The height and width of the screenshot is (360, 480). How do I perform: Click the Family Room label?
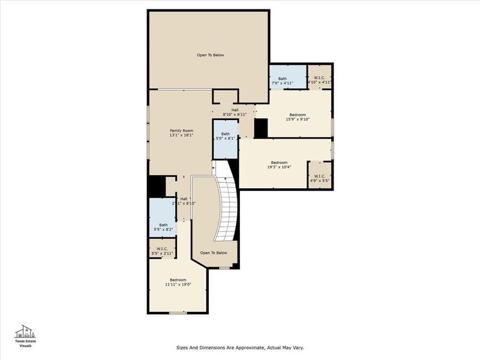coord(181,130)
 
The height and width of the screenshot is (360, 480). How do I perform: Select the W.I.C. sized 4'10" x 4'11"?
coord(319,79)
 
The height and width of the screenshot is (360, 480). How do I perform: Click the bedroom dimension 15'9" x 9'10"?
coord(298,119)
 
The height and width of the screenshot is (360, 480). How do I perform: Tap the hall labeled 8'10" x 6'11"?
coord(235,112)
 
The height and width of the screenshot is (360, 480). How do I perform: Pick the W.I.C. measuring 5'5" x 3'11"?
coord(163,250)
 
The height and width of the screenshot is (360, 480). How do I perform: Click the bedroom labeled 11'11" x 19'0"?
coord(178,282)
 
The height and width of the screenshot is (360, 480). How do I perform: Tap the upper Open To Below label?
coord(210,55)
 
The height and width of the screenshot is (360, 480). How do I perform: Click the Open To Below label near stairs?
coord(214,253)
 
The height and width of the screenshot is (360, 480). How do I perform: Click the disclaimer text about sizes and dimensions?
coord(239,347)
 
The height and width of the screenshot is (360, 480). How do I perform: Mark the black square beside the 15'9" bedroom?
coord(260,128)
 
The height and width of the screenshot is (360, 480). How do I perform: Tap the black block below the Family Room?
coord(156,185)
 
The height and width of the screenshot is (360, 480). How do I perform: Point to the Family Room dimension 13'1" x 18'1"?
coord(181,136)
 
